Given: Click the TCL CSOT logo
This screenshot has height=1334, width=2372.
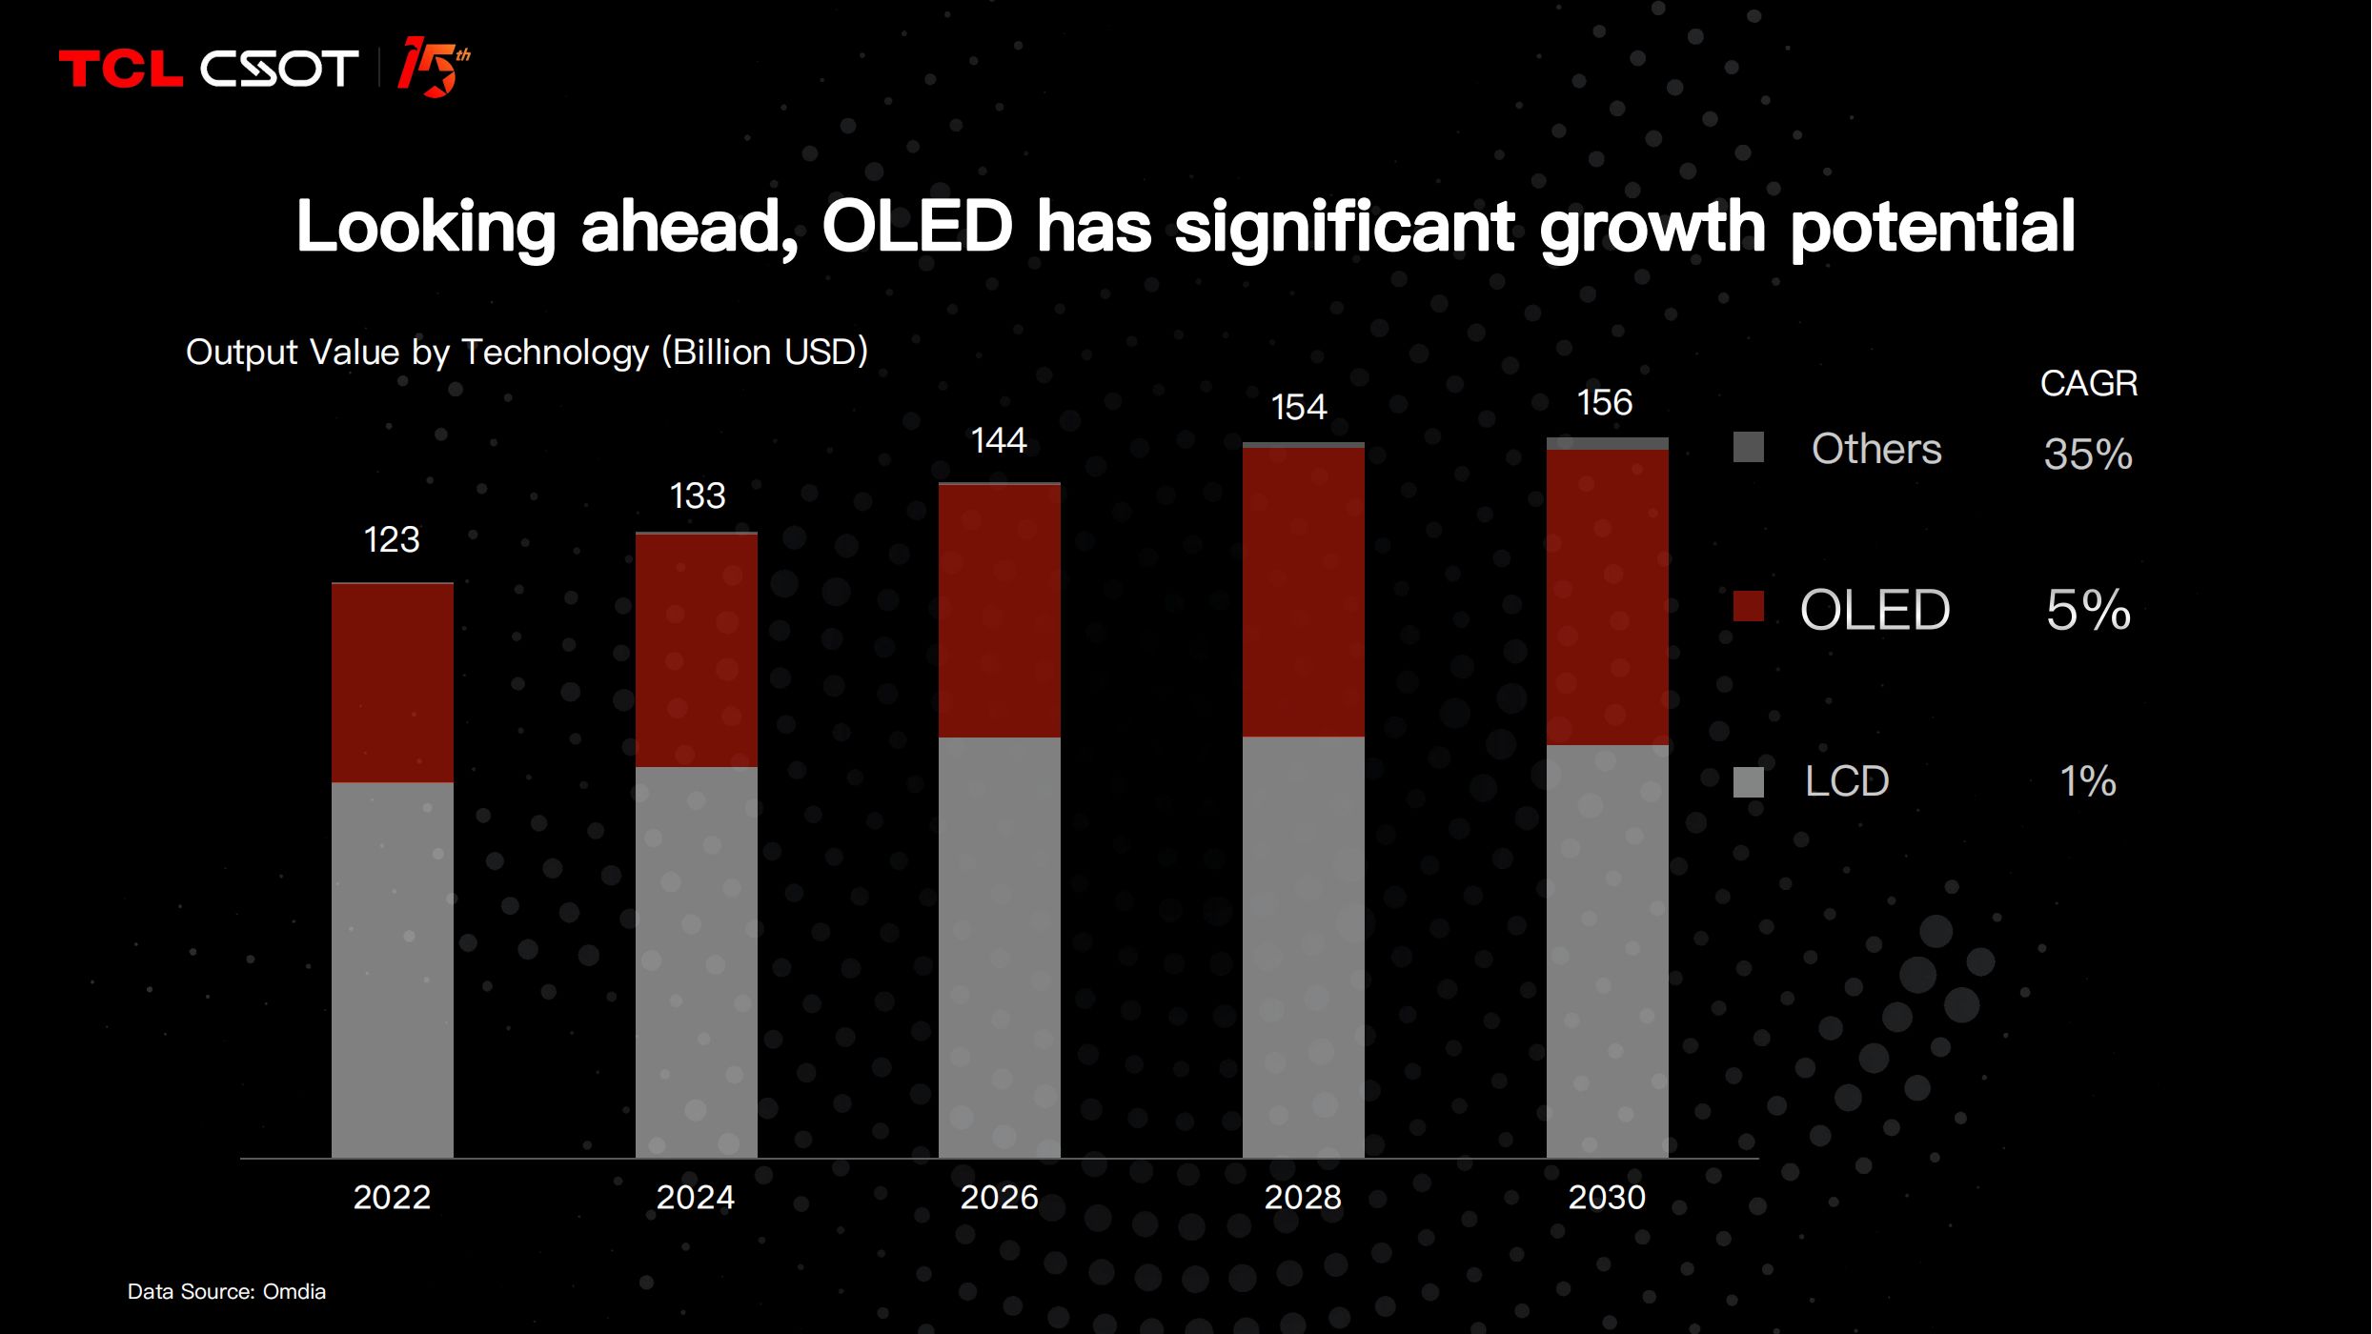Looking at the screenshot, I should tap(208, 69).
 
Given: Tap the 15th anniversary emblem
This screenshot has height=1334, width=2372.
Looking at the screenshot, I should tap(434, 67).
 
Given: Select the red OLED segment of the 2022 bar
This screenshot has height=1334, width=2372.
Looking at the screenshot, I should tap(393, 682).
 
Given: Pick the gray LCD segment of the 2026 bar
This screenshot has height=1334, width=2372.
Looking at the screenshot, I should tap(1000, 947).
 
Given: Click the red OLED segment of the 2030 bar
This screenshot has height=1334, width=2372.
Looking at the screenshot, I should tap(1608, 596).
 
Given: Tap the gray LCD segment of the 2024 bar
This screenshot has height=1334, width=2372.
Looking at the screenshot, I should tap(697, 962).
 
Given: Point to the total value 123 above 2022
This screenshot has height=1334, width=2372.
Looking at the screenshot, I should tap(392, 540).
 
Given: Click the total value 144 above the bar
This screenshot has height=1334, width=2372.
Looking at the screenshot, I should tap(999, 441).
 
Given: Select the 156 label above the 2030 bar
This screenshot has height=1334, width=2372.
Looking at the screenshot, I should tap(1605, 403).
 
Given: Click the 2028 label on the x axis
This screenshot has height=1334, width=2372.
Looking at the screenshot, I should tap(1303, 1198).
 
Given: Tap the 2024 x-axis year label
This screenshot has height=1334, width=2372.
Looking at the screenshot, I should tap(696, 1198).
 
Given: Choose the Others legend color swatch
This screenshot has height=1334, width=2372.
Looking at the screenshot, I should tap(1749, 447).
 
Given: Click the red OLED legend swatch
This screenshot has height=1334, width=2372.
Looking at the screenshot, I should tap(1749, 607).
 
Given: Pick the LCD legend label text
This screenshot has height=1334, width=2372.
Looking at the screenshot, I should tap(1847, 781).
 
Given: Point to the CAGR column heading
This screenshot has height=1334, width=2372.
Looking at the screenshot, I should tap(2089, 384).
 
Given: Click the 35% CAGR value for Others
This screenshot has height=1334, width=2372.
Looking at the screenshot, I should tap(2088, 455).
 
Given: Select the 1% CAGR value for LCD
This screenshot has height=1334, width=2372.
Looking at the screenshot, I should tap(2088, 781).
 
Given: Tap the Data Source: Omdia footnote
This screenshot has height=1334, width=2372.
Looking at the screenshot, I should tap(227, 1292).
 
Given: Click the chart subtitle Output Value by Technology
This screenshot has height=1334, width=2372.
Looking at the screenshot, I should tap(527, 353).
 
